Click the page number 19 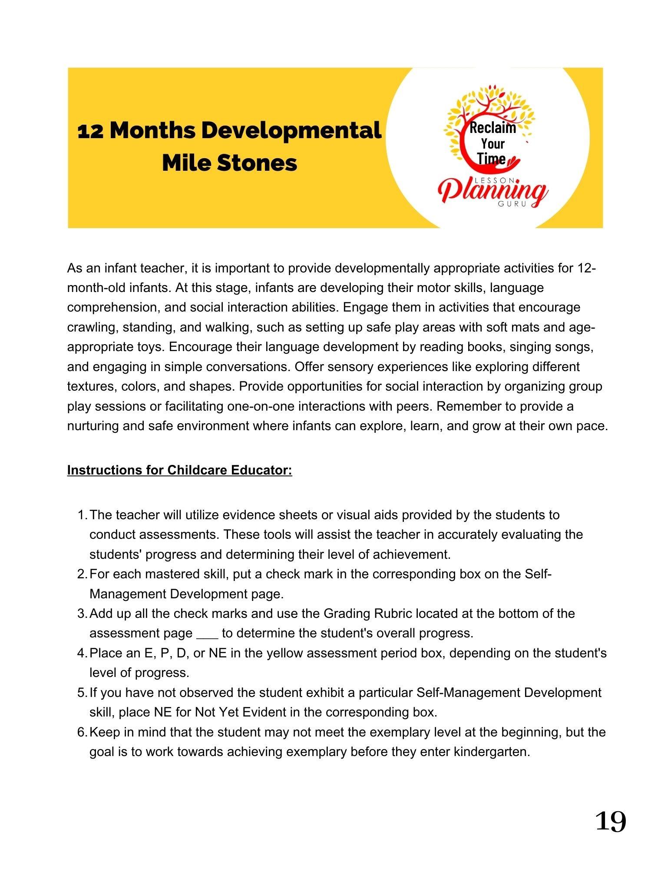pyautogui.click(x=610, y=821)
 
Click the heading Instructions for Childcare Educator pyautogui.click(x=179, y=470)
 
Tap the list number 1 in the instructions pyautogui.click(x=82, y=515)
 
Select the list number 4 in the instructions pyautogui.click(x=82, y=653)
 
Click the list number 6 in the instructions pyautogui.click(x=82, y=732)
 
